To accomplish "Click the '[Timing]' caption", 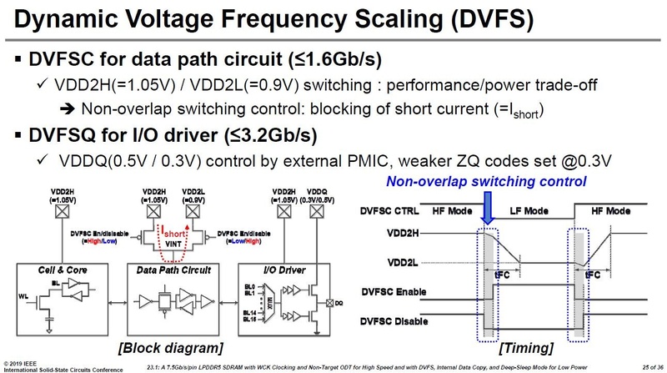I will tap(529, 345).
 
